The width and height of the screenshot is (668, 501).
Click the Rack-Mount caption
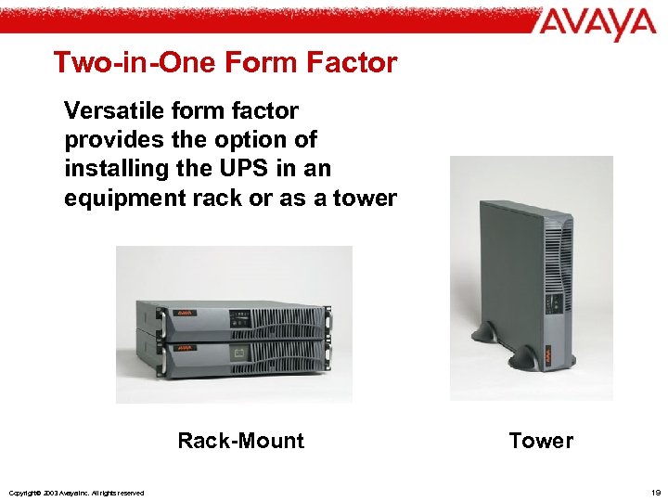[x=240, y=441]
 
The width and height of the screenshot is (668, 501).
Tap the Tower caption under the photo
[x=541, y=441]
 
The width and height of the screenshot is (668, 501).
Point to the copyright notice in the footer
[x=75, y=492]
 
